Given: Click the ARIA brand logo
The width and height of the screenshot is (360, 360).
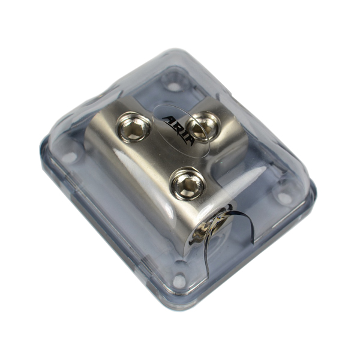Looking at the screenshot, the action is pos(179,131).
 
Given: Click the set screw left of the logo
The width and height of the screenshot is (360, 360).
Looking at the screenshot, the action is pos(133,127).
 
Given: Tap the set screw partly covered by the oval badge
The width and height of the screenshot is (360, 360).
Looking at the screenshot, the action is pos(203,126).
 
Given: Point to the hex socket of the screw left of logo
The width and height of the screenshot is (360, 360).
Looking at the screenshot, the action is pos(133,128).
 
